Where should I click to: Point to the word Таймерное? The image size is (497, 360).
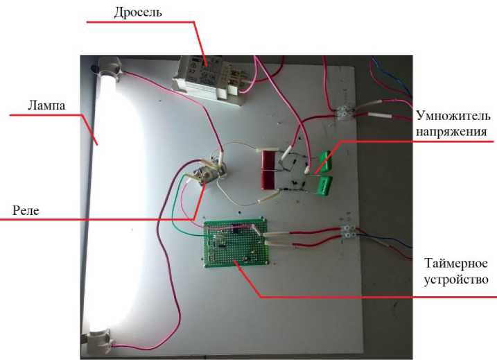457,264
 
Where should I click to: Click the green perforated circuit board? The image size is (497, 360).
236,243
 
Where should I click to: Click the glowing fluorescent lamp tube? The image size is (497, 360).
114,201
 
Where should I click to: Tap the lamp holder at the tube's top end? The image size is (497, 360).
110,69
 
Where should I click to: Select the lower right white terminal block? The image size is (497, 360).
350,231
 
